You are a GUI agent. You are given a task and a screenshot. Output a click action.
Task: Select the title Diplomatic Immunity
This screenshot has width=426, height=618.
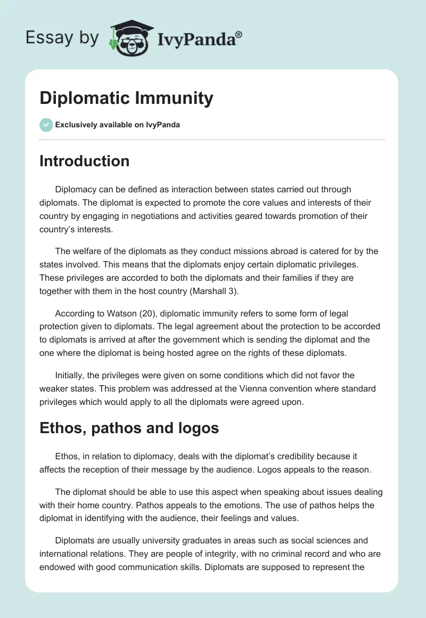tap(126, 99)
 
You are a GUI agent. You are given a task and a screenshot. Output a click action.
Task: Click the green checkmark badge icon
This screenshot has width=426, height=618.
tap(46, 125)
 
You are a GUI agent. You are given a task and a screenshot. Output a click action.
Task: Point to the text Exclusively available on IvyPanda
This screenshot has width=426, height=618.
tap(117, 125)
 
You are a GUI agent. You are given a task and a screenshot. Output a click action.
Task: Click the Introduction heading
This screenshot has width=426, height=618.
tap(84, 161)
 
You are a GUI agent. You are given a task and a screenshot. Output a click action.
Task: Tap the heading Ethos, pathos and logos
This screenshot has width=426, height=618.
tap(129, 428)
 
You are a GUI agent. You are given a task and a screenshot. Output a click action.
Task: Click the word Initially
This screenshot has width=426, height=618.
tap(71, 376)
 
